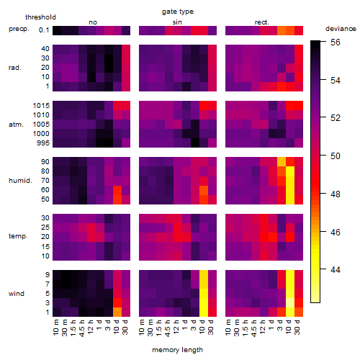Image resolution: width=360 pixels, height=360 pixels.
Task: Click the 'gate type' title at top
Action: coord(178,12)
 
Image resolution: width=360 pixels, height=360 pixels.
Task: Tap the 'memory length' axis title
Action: coord(178,350)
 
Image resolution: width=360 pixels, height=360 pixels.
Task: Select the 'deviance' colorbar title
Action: coord(341,29)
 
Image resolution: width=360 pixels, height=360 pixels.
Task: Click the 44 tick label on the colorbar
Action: coord(336,270)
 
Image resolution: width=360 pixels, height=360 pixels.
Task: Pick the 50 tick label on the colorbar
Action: coord(336,156)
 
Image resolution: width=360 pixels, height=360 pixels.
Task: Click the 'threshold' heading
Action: coord(40,17)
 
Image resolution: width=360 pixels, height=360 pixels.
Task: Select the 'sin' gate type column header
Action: coord(177,22)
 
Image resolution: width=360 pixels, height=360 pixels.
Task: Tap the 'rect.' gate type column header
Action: coord(262,22)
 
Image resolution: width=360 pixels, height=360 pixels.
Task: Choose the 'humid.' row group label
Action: coord(20,181)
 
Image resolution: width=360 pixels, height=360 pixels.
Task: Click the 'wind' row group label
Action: coord(17,294)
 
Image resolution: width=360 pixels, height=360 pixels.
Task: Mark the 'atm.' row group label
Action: coord(16,125)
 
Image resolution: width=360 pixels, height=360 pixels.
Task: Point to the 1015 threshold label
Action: coord(41,105)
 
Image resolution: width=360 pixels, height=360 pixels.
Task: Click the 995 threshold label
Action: coord(43,143)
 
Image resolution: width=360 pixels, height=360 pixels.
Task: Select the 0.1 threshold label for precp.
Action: coord(44,30)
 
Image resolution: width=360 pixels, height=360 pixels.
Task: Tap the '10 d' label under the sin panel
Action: coord(202,327)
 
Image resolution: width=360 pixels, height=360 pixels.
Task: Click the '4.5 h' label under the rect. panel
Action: coord(254,328)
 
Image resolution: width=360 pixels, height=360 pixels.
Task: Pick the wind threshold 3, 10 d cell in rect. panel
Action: coord(290,303)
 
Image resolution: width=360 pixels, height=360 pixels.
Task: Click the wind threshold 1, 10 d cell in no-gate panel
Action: coord(117,312)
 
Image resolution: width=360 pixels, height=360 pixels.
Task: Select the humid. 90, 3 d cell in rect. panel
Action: coord(282,161)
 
